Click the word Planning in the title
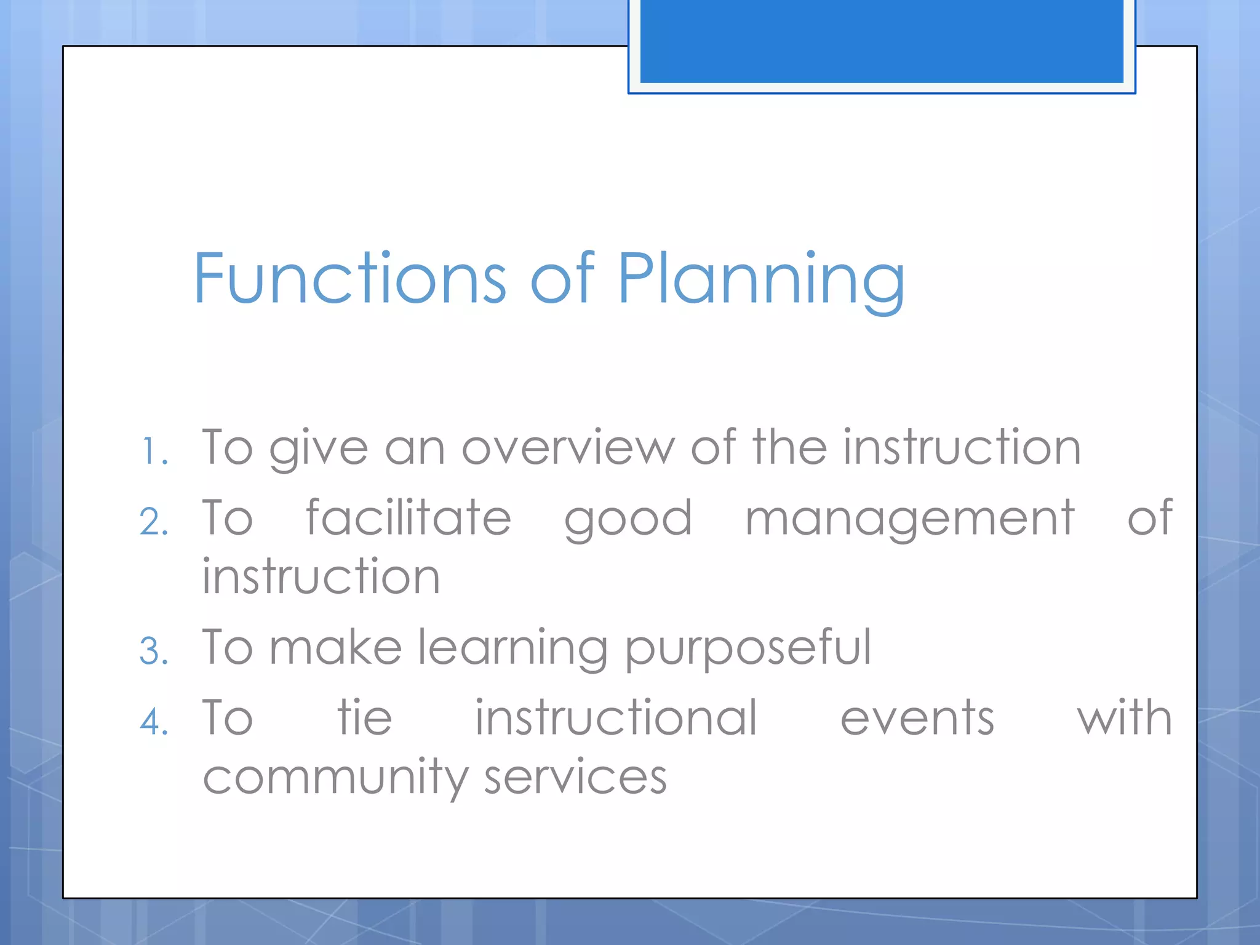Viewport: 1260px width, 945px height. [x=760, y=280]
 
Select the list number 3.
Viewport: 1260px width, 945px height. [x=154, y=651]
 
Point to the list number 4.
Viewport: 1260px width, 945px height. [x=154, y=722]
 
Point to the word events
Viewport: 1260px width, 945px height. [x=917, y=718]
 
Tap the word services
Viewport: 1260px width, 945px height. [x=575, y=776]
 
